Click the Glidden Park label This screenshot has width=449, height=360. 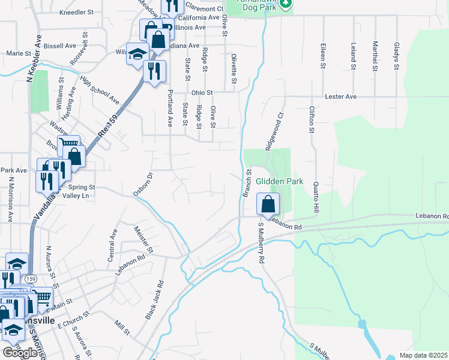(x=280, y=181)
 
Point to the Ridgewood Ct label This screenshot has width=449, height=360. (x=273, y=131)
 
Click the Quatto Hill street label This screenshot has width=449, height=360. (x=315, y=197)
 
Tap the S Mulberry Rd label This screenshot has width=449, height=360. (x=261, y=244)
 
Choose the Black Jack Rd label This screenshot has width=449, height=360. (x=154, y=301)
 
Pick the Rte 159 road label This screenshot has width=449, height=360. (x=106, y=124)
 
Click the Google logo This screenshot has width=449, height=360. (x=20, y=352)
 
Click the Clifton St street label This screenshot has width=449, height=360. (x=312, y=119)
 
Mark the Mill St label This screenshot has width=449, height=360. (x=122, y=327)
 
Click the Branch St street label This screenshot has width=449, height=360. (x=246, y=184)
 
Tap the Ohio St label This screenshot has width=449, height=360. (x=202, y=92)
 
